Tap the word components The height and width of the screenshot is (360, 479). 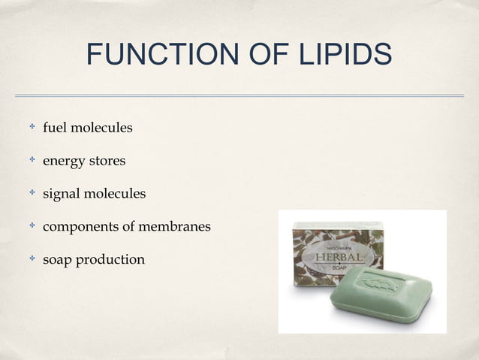[83, 227]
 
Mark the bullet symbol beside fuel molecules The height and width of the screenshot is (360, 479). [32, 128]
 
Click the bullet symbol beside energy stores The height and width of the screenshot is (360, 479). [32, 161]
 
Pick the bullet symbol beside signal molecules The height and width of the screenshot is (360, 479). [32, 194]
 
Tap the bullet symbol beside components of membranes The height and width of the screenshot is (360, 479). [32, 226]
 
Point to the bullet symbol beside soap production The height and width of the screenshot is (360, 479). [32, 259]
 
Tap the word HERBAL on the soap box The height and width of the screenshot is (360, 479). [340, 258]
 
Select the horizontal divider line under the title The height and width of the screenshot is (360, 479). [239, 95]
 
